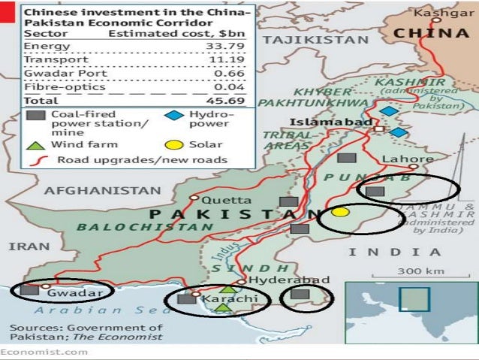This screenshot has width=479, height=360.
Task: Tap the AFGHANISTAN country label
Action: (x=103, y=191)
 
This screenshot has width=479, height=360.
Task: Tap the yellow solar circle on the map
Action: (x=340, y=213)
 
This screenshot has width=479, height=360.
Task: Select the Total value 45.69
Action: (x=231, y=99)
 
